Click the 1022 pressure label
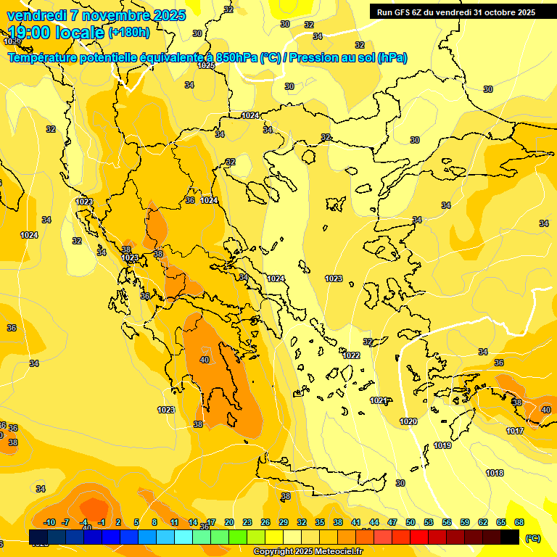click(352, 355)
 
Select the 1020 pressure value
click(408, 421)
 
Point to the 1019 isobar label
click(442, 445)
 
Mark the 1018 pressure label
click(495, 473)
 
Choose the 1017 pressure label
click(515, 431)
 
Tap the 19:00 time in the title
click(36, 33)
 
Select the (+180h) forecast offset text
click(129, 33)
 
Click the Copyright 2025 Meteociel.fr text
click(308, 552)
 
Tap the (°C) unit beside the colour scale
click(533, 538)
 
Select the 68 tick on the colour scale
click(519, 522)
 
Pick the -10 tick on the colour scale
click(49, 522)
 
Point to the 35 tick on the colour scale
click(320, 522)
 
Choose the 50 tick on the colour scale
click(410, 522)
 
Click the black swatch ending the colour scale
click(510, 537)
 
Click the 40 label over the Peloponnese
click(205, 360)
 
